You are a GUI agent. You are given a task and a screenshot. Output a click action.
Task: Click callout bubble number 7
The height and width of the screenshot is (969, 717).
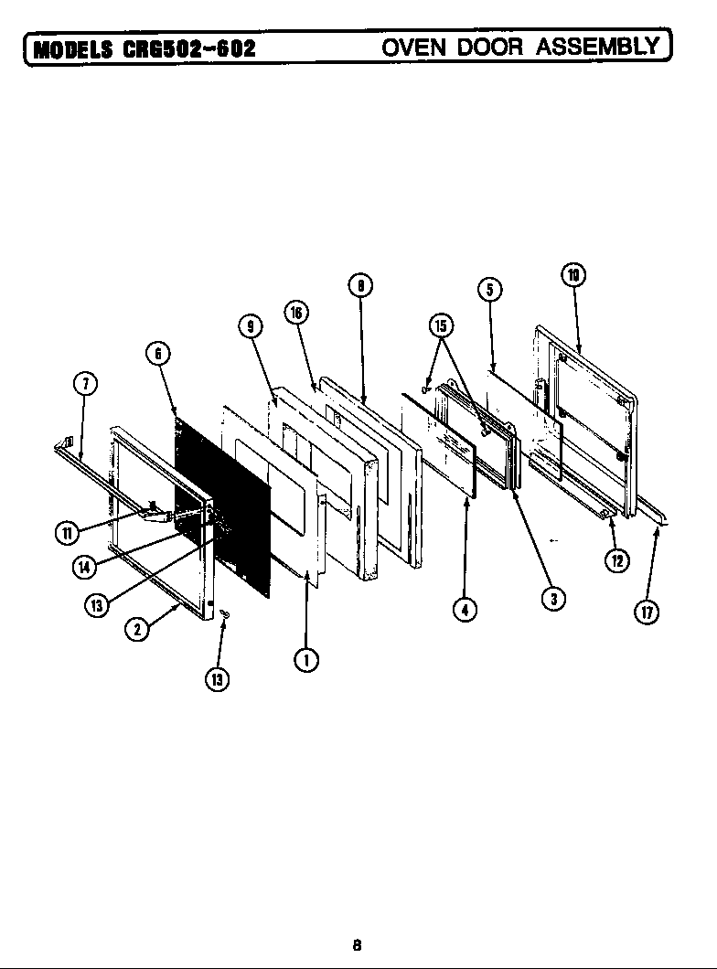coord(83,384)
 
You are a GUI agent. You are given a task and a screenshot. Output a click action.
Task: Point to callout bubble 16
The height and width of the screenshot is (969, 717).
coord(295,313)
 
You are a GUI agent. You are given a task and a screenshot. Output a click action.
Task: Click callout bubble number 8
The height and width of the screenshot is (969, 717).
coord(360,285)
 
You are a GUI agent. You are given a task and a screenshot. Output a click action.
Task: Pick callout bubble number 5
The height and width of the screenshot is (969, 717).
coord(489,290)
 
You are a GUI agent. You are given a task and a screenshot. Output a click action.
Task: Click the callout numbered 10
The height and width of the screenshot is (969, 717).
coord(573,275)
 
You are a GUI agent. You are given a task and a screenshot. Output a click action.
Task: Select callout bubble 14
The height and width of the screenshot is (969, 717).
coord(84,566)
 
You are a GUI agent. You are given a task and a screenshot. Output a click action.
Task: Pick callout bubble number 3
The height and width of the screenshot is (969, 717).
coord(551,599)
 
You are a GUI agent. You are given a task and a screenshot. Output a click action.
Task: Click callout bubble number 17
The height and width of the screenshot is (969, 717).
coord(646,612)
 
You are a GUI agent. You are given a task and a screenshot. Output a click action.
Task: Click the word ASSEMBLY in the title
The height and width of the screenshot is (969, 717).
coord(600,46)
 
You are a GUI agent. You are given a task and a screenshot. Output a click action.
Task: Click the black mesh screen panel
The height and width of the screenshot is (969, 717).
coord(224,503)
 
